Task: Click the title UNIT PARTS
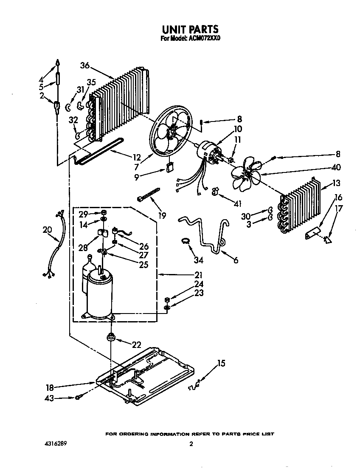pyautogui.click(x=190, y=29)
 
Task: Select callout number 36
pyautogui.click(x=85, y=65)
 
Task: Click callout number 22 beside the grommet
pyautogui.click(x=136, y=345)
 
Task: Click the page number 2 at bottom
pyautogui.click(x=191, y=444)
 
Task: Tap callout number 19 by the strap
pyautogui.click(x=161, y=216)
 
